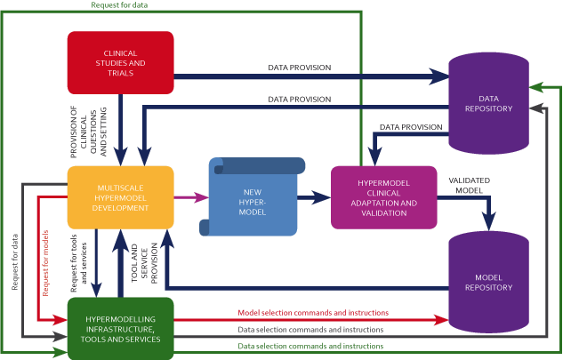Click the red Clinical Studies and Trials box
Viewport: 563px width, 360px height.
click(x=120, y=62)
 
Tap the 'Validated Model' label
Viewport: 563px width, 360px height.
click(x=468, y=185)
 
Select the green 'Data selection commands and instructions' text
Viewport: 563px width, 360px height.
click(x=310, y=346)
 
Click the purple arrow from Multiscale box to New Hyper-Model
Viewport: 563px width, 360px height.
click(x=190, y=196)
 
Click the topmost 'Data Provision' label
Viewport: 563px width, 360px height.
click(x=300, y=68)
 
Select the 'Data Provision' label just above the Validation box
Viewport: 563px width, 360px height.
click(x=411, y=128)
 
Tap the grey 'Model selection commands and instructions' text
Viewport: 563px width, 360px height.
click(x=310, y=329)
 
